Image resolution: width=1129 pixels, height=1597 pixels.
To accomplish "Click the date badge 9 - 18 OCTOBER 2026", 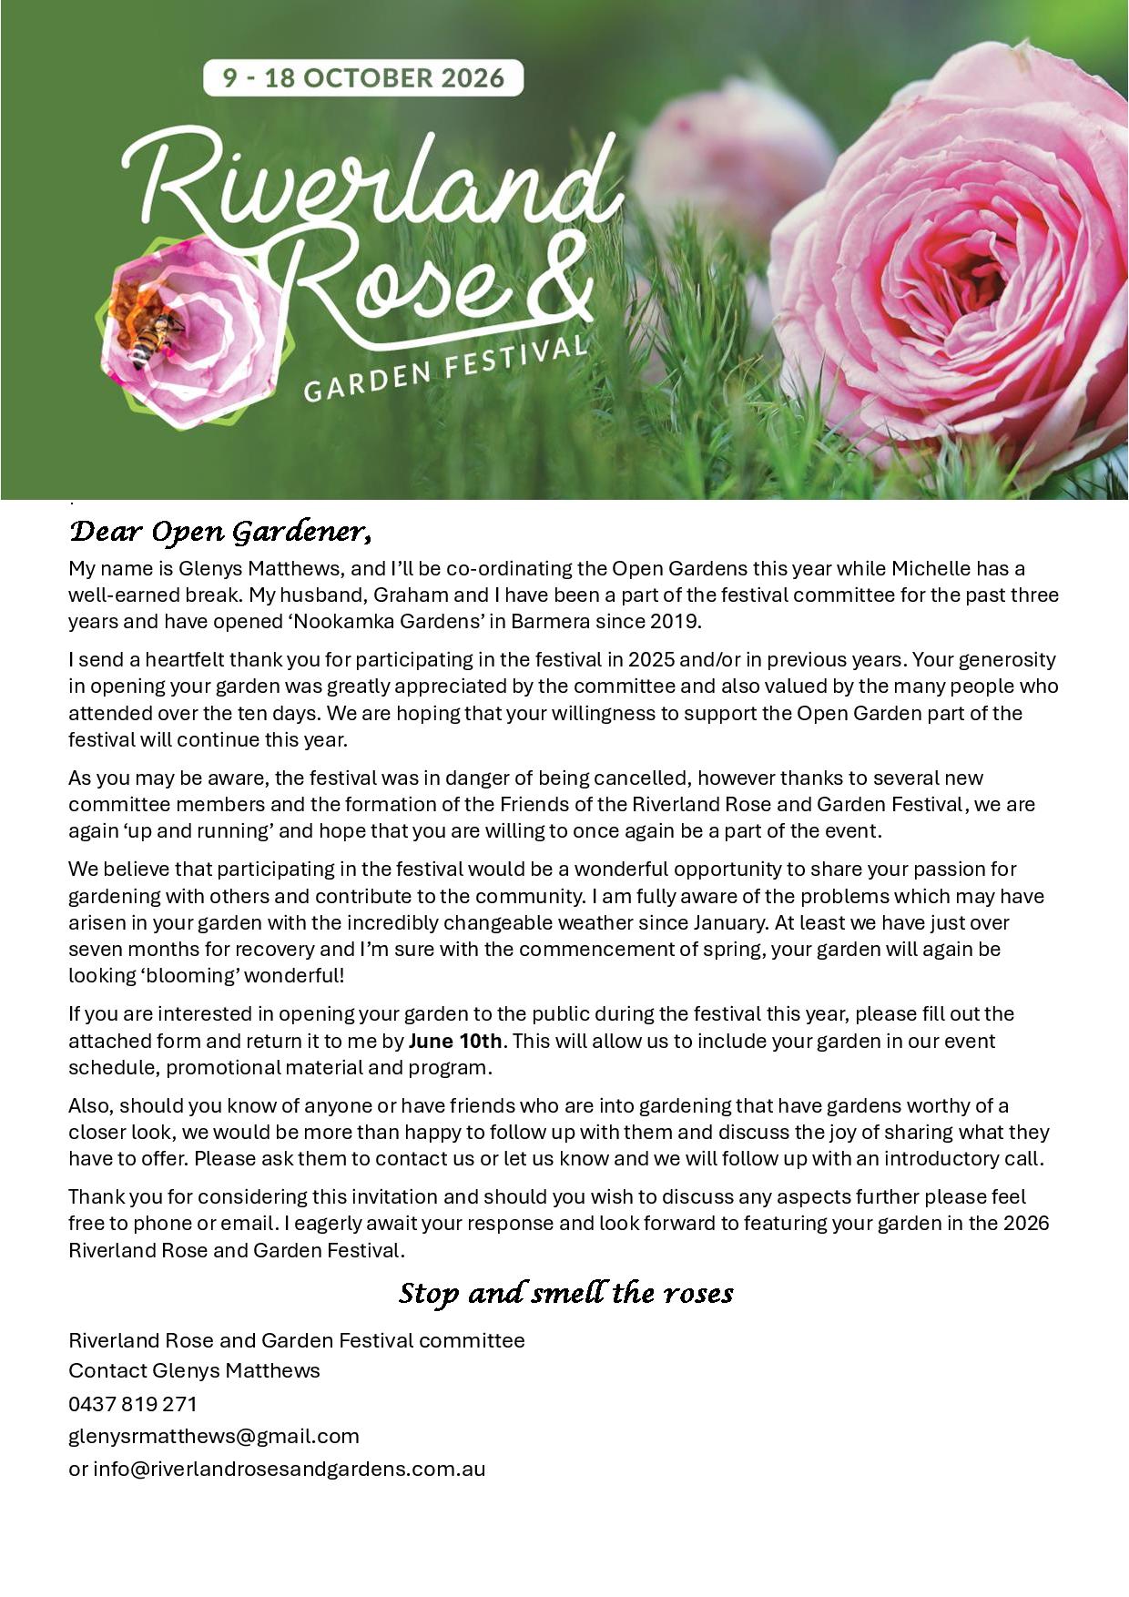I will coord(363,78).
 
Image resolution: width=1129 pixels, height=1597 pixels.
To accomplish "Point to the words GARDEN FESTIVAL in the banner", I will coord(445,370).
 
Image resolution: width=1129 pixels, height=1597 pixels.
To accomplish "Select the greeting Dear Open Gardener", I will coord(219,532).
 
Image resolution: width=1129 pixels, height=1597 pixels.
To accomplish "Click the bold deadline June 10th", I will coord(454,1041).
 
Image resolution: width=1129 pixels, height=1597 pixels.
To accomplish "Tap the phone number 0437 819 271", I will coord(133,1403).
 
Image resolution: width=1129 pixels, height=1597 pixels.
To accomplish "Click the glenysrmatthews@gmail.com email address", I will coord(214,1436).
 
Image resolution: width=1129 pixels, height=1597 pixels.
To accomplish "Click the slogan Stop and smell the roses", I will coord(565,1293).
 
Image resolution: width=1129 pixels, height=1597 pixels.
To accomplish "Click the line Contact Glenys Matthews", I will coord(194,1370).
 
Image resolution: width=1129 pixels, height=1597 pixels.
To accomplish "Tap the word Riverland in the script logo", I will coord(373,182).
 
